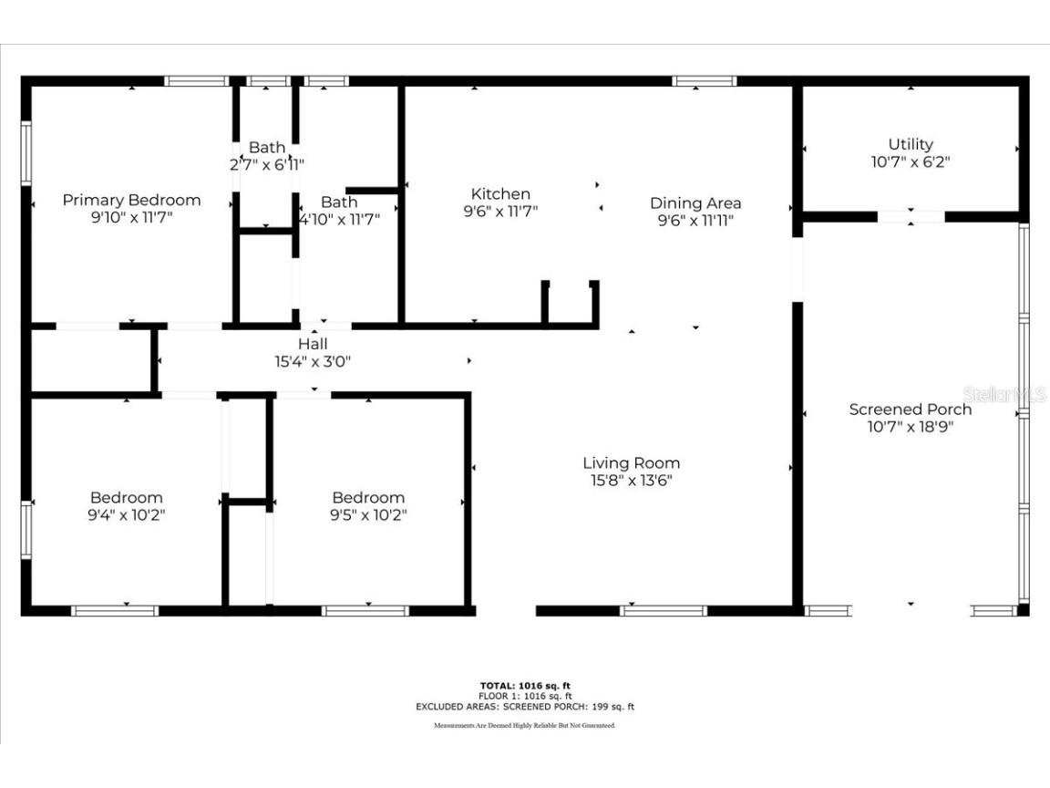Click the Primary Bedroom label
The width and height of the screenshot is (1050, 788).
click(131, 200)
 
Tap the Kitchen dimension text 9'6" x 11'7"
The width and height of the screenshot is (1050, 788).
click(500, 212)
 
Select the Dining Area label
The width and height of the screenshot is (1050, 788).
click(695, 202)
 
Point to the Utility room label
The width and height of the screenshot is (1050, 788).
click(911, 144)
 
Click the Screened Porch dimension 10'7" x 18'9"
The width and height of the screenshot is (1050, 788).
click(911, 427)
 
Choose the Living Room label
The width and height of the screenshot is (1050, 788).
click(631, 462)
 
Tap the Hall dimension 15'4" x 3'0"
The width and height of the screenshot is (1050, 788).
click(313, 361)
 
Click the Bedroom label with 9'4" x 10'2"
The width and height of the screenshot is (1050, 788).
click(127, 497)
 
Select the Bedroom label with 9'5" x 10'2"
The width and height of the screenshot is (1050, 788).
click(368, 497)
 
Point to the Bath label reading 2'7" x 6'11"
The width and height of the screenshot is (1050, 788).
click(267, 147)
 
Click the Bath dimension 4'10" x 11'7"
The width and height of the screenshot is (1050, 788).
click(340, 219)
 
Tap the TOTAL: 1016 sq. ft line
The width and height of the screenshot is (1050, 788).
click(525, 685)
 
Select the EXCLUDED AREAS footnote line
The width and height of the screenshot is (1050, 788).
click(525, 706)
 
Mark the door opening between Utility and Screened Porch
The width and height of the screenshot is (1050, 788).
click(911, 217)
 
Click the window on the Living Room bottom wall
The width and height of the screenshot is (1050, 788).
click(664, 610)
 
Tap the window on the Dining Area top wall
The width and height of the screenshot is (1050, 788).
click(704, 81)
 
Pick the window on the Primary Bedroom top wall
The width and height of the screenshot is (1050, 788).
click(196, 81)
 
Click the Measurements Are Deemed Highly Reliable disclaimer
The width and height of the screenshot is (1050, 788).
click(525, 725)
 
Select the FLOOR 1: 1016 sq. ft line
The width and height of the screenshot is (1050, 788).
click(525, 696)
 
